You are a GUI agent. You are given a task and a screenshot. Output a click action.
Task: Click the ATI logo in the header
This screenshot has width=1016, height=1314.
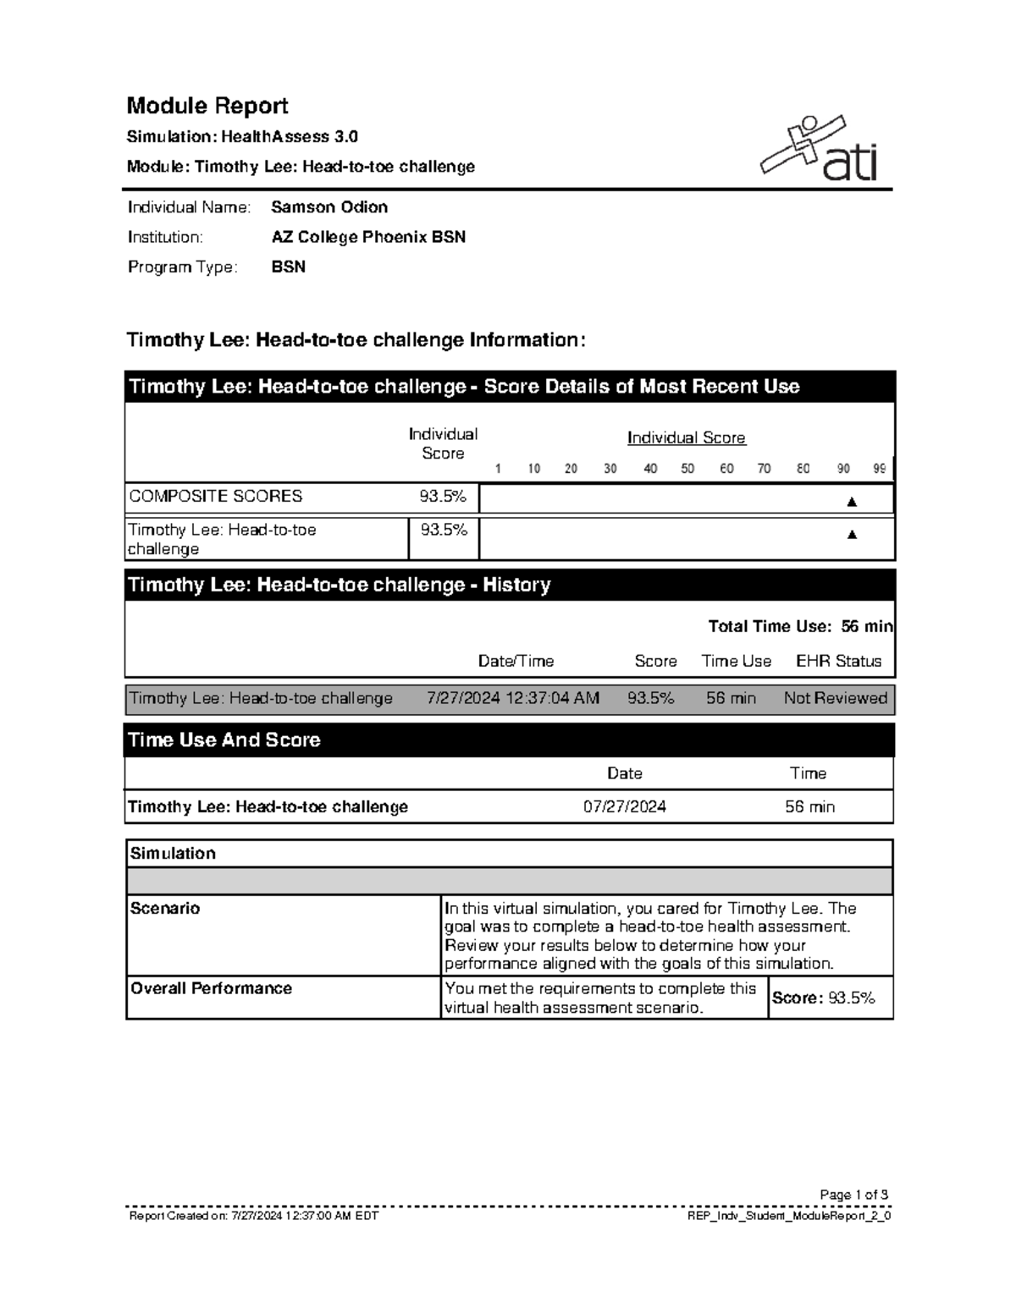click(x=820, y=150)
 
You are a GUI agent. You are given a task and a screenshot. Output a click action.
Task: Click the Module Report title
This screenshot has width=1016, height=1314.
click(x=207, y=106)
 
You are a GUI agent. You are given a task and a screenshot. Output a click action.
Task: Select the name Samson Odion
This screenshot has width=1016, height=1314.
click(x=329, y=207)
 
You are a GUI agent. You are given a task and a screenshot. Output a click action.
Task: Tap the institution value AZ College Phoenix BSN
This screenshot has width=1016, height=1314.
click(x=368, y=237)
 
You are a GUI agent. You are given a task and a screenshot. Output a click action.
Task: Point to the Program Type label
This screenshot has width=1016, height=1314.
click(x=182, y=267)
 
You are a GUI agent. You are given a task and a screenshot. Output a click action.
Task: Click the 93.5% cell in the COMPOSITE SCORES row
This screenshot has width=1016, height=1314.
click(x=443, y=497)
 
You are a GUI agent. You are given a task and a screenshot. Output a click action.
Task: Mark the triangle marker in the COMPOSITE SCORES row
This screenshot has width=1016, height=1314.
click(x=852, y=502)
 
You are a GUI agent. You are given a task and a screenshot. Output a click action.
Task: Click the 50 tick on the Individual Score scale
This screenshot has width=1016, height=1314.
click(x=687, y=469)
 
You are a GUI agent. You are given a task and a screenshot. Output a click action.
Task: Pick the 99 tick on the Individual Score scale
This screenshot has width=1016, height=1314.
click(x=880, y=469)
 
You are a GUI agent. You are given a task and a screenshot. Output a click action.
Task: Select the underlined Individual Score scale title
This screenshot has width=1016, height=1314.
click(x=686, y=437)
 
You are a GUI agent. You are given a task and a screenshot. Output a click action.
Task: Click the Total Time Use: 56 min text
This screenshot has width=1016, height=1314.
click(x=800, y=626)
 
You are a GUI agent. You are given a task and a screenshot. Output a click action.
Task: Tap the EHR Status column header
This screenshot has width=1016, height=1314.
click(x=838, y=661)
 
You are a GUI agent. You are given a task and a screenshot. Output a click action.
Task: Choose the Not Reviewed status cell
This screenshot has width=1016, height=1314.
click(x=835, y=698)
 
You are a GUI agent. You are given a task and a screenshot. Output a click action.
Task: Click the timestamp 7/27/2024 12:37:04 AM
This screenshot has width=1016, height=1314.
click(x=513, y=698)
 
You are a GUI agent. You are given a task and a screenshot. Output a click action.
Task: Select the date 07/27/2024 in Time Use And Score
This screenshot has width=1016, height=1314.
click(x=624, y=806)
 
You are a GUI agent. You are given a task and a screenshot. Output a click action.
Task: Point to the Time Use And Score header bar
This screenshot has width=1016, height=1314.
click(x=509, y=740)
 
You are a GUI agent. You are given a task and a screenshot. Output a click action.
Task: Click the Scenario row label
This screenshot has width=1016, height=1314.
click(x=165, y=909)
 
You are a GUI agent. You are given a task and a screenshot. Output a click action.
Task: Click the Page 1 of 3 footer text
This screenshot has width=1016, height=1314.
click(x=853, y=1195)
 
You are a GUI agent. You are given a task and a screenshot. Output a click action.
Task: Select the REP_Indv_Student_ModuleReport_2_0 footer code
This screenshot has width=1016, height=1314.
click(x=791, y=1216)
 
